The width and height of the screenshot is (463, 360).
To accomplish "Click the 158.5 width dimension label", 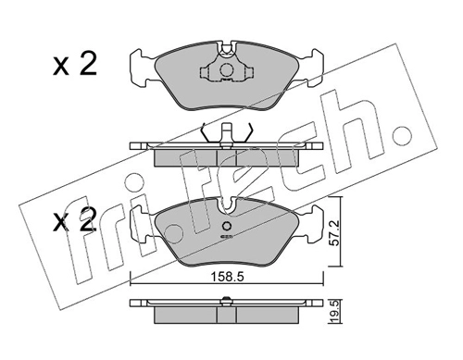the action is pos(227,277).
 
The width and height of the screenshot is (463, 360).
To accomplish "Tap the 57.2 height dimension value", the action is pos(334,233).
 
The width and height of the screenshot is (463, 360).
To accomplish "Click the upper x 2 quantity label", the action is pos(75,64).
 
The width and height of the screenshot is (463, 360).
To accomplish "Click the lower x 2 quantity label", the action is pos(75,220).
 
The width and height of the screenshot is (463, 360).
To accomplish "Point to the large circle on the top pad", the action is pos(226,70).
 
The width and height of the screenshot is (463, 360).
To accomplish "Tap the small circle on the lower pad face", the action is pos(227,226).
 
